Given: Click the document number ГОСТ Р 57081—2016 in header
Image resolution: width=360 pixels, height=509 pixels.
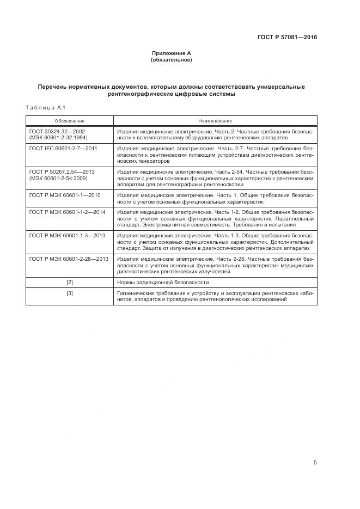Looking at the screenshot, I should click(287, 38).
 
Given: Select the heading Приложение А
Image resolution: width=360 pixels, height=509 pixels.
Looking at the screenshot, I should click(171, 53).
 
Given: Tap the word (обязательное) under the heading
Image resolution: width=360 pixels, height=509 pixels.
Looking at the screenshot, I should click(171, 59).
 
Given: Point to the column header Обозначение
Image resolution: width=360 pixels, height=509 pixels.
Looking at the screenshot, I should click(69, 120).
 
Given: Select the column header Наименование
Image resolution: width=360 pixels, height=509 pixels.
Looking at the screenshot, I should click(215, 120).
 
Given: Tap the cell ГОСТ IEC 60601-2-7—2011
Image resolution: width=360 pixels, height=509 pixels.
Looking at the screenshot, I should click(63, 148).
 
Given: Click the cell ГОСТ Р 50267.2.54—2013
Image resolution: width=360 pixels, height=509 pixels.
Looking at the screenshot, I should click(62, 171).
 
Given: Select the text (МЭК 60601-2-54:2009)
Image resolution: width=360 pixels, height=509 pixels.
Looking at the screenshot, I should click(58, 178).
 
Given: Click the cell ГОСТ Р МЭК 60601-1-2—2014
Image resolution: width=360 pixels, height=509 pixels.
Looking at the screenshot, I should click(67, 211).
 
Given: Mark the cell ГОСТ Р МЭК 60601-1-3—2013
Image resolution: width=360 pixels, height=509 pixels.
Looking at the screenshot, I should click(67, 234).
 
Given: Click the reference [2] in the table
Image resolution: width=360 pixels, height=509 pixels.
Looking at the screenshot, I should click(70, 282).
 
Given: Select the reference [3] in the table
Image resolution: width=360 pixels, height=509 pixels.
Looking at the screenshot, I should click(70, 293).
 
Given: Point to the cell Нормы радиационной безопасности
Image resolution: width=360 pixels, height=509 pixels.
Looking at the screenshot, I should click(163, 282).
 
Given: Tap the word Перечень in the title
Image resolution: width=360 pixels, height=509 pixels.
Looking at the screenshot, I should click(54, 87).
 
